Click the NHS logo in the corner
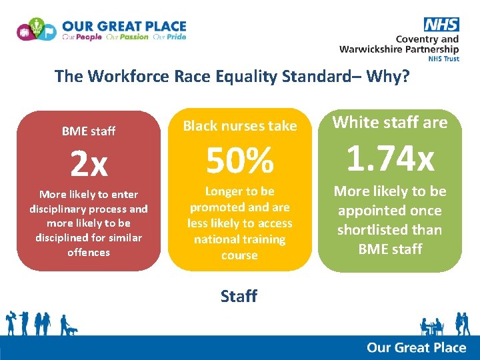pyautogui.click(x=441, y=25)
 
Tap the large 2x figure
pyautogui.click(x=89, y=164)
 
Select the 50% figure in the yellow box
pyautogui.click(x=239, y=160)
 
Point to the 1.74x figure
pyautogui.click(x=390, y=159)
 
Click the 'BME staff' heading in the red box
pyautogui.click(x=89, y=131)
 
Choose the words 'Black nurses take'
pyautogui.click(x=239, y=126)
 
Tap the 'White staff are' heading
pyautogui.click(x=390, y=122)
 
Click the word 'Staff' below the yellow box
pyautogui.click(x=239, y=296)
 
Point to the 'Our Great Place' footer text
pyautogui.click(x=416, y=347)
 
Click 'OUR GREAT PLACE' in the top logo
pyautogui.click(x=124, y=26)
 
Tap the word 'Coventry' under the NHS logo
pyautogui.click(x=418, y=39)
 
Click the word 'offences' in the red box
pyautogui.click(x=89, y=252)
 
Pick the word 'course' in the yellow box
pyautogui.click(x=239, y=255)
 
